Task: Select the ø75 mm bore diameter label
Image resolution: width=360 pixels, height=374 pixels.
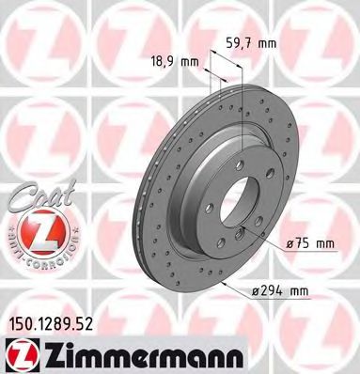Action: coord(309,243)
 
